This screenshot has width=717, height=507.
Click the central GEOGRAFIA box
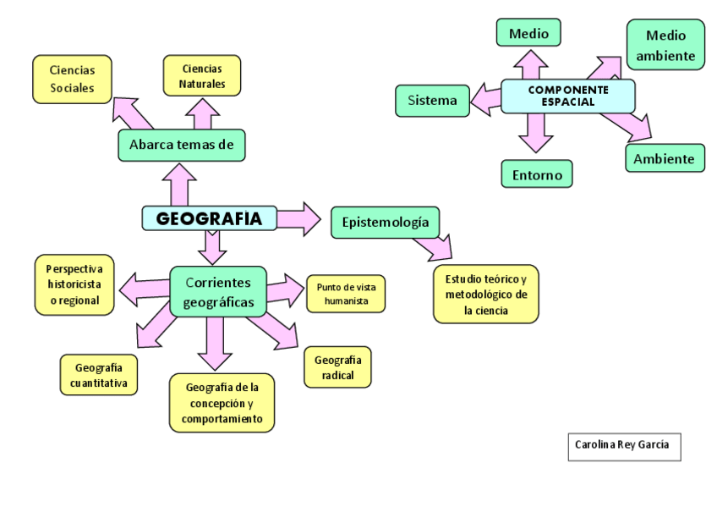(209, 218)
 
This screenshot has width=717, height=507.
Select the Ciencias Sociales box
(72, 79)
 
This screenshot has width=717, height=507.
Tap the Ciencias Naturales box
(202, 75)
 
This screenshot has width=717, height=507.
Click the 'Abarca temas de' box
(181, 145)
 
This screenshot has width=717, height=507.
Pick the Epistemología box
(385, 223)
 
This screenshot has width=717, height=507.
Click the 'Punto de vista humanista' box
(346, 294)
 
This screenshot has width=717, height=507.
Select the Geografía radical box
(337, 367)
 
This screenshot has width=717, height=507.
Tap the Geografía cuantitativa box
(99, 375)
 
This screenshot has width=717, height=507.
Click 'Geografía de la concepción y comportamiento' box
(222, 402)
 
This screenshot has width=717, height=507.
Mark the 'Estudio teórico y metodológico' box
(485, 295)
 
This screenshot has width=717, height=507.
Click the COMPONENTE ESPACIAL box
(567, 96)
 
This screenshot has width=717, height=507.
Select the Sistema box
(432, 101)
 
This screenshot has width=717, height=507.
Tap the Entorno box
(536, 174)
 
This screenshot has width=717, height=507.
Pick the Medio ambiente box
(665, 46)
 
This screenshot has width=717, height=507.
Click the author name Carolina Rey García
(623, 445)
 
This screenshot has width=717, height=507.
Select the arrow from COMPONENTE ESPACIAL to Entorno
(535, 132)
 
